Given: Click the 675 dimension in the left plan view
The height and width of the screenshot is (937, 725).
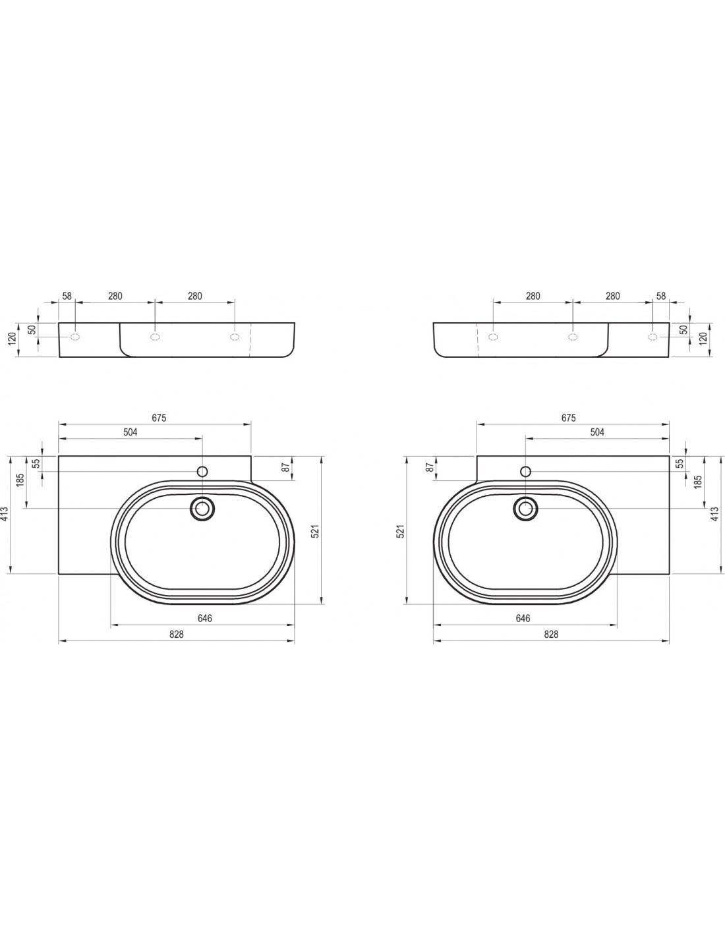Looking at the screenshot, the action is coord(159,417).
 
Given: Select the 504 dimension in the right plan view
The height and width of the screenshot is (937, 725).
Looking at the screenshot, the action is coord(597,432).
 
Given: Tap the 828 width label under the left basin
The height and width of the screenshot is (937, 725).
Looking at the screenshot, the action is coord(177,635).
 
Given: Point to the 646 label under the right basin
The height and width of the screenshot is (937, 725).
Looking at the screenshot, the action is coord(522,618).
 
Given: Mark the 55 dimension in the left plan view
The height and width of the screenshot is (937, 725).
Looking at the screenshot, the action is coord(37,463).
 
